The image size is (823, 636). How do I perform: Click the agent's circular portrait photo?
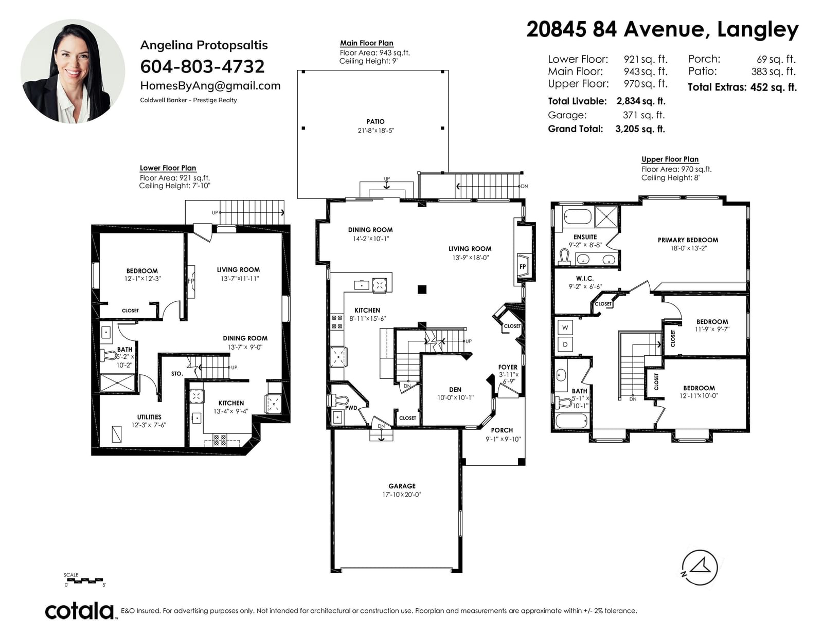73,71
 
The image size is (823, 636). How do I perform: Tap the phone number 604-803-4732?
202,67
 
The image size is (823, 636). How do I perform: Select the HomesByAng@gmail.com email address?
210,86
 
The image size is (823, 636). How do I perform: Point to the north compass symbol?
700,568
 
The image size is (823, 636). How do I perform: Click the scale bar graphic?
84,580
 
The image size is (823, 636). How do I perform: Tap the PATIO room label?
375,121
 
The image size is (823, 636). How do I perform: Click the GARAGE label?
402,486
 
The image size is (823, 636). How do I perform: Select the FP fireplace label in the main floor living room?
523,266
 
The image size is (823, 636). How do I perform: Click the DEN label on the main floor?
455,390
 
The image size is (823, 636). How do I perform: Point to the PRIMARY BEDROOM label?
688,240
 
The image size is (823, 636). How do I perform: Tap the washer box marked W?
565,328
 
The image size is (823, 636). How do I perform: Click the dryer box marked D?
565,344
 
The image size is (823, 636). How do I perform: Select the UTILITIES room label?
149,417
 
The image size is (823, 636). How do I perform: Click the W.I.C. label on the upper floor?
585,278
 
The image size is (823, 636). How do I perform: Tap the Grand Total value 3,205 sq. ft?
640,129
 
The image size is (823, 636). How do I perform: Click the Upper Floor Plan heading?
670,159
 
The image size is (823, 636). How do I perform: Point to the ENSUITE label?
585,237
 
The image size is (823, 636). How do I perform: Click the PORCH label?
502,430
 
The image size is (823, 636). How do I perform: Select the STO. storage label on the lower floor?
177,374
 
